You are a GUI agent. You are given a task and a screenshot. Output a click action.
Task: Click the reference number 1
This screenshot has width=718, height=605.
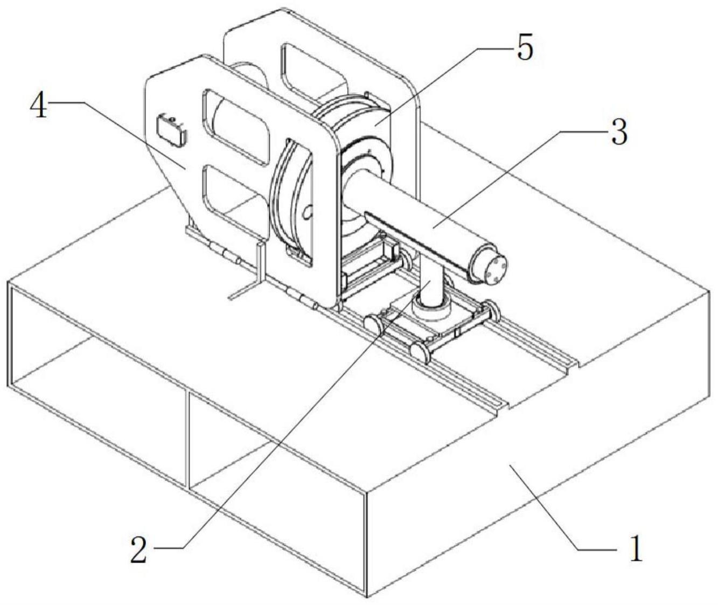(636, 549)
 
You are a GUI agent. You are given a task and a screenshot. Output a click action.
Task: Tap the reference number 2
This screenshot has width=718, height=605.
(139, 549)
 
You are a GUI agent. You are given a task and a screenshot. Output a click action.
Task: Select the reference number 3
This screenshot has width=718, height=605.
(619, 131)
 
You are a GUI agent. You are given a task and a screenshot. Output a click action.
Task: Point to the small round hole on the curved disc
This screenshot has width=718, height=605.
(308, 213)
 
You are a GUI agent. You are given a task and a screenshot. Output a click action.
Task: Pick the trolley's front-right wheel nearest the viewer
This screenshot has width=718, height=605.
(419, 352)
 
